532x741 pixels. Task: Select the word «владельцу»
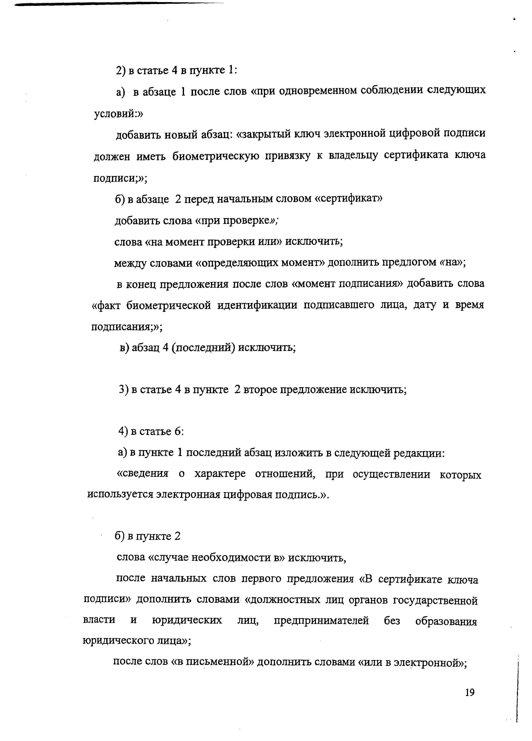point(353,155)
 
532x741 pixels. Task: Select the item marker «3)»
point(124,390)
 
